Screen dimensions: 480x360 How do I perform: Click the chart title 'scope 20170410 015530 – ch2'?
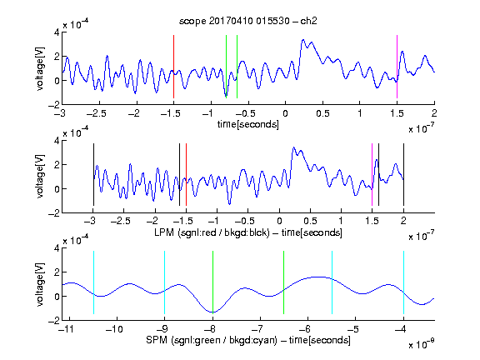coord(248,21)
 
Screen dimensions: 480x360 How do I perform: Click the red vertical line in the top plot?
coord(173,67)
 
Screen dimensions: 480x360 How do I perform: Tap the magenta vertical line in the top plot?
coord(397,67)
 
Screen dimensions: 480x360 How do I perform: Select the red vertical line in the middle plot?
coord(186,174)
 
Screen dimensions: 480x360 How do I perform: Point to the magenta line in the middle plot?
coord(372,174)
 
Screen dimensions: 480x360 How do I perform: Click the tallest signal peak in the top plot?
coord(303,40)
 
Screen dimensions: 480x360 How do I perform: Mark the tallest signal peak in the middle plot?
coord(294,147)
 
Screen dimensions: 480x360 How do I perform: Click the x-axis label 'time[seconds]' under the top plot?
coord(248,124)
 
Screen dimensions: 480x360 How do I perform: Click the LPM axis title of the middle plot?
coord(248,232)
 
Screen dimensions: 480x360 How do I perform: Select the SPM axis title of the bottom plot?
coord(248,340)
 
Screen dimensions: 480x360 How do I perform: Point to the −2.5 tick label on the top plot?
coord(97,113)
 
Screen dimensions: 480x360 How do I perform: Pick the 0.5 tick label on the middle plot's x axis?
coord(310,221)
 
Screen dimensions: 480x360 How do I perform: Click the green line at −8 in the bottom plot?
coord(212,282)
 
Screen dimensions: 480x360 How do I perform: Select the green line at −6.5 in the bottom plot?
coord(284,282)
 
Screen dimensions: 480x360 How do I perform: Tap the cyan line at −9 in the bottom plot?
coord(164,282)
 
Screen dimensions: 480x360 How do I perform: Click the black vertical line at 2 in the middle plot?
coord(403,174)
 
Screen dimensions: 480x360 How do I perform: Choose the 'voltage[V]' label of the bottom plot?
coord(40,284)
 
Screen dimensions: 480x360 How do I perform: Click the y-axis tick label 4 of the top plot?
coord(57,32)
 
